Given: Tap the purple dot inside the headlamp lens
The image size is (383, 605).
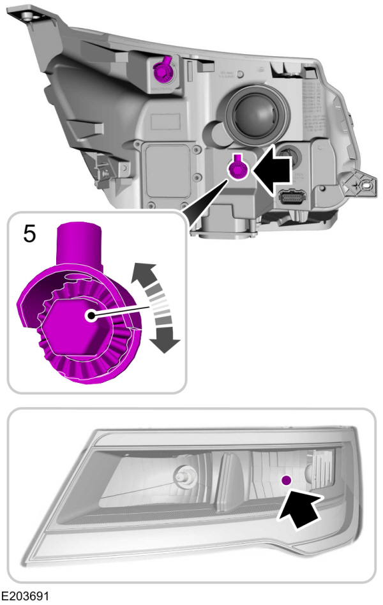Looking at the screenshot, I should tap(286, 479).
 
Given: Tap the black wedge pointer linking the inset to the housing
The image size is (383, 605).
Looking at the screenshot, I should tap(201, 197).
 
